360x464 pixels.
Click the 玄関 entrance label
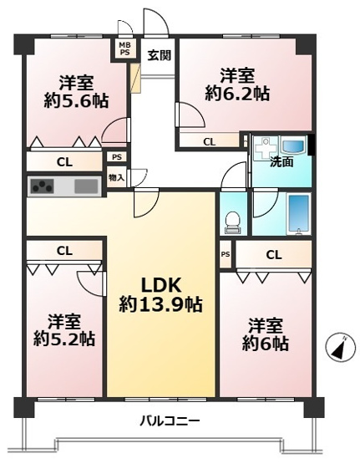pyautogui.click(x=160, y=56)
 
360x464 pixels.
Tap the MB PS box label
pyautogui.click(x=124, y=49)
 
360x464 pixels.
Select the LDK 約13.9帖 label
pyautogui.click(x=160, y=294)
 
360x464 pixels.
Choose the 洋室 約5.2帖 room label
pyautogui.click(x=64, y=329)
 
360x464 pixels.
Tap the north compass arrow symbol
pyautogui.click(x=337, y=346)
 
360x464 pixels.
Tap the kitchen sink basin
pyautogui.click(x=85, y=186)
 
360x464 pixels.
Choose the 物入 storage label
pyautogui.click(x=116, y=177)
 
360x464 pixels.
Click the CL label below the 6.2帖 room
pyautogui.click(x=209, y=142)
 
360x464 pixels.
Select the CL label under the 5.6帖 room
pyautogui.click(x=63, y=162)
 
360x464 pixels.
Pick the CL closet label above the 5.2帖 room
pyautogui.click(x=63, y=249)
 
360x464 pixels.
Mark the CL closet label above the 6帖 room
pyautogui.click(x=273, y=254)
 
